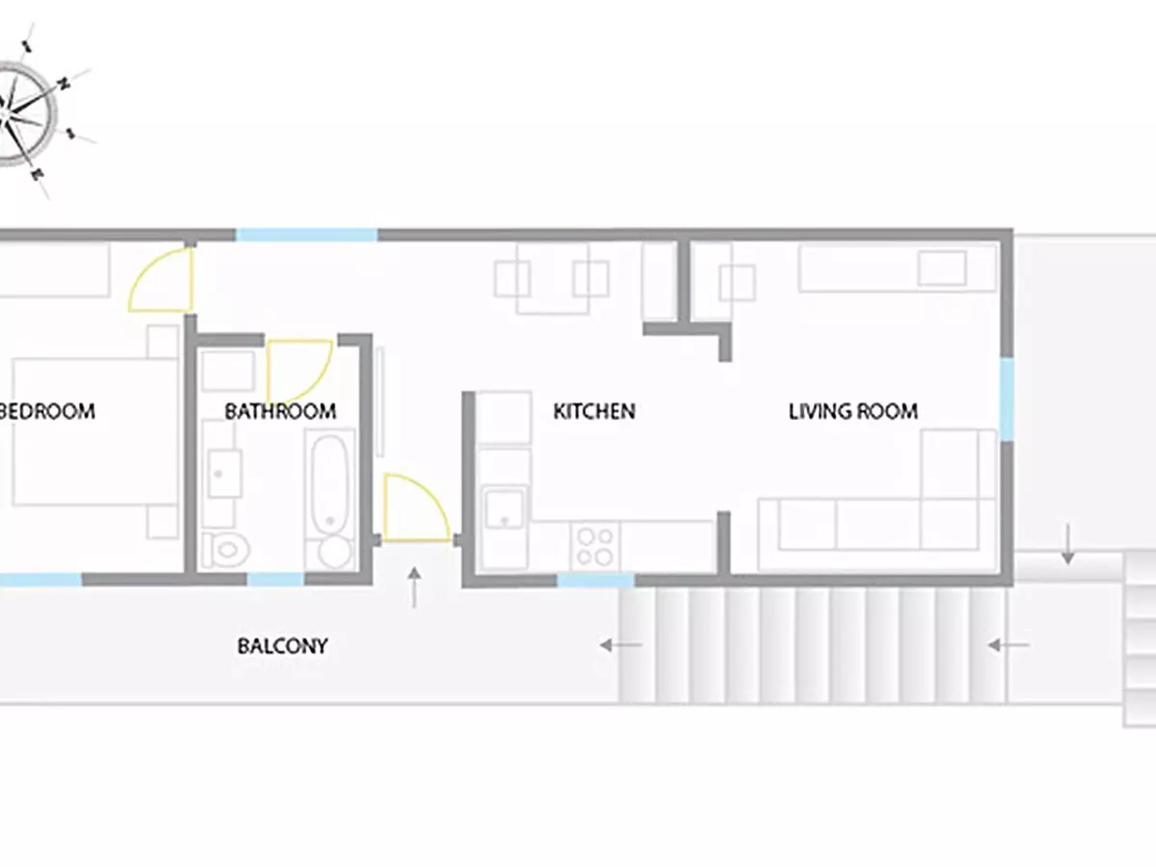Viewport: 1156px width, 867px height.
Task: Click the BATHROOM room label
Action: point(280,411)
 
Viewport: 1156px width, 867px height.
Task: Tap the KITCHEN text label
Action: point(594,411)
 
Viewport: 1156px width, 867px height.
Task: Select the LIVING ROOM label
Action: point(854,411)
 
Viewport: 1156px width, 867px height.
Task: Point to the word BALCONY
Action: point(282,645)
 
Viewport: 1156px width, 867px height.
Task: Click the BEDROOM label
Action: point(47,411)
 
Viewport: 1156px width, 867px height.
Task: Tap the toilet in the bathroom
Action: point(226,549)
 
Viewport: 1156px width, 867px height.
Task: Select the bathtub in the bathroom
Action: point(329,500)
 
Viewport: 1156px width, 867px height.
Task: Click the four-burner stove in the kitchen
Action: point(595,546)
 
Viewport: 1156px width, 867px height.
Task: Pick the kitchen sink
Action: point(505,508)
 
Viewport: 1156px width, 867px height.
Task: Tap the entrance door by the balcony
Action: point(416,508)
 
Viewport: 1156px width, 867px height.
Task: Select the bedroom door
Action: point(161,279)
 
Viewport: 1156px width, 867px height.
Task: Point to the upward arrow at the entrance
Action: point(414,588)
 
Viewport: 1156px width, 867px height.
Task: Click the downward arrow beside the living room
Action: point(1067,543)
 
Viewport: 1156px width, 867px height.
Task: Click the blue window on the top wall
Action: point(306,235)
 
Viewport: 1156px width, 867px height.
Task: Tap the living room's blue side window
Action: point(1007,400)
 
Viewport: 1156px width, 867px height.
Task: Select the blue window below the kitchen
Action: point(595,580)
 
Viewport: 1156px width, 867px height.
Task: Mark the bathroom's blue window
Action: point(276,579)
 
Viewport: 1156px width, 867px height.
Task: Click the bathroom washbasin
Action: point(224,473)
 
